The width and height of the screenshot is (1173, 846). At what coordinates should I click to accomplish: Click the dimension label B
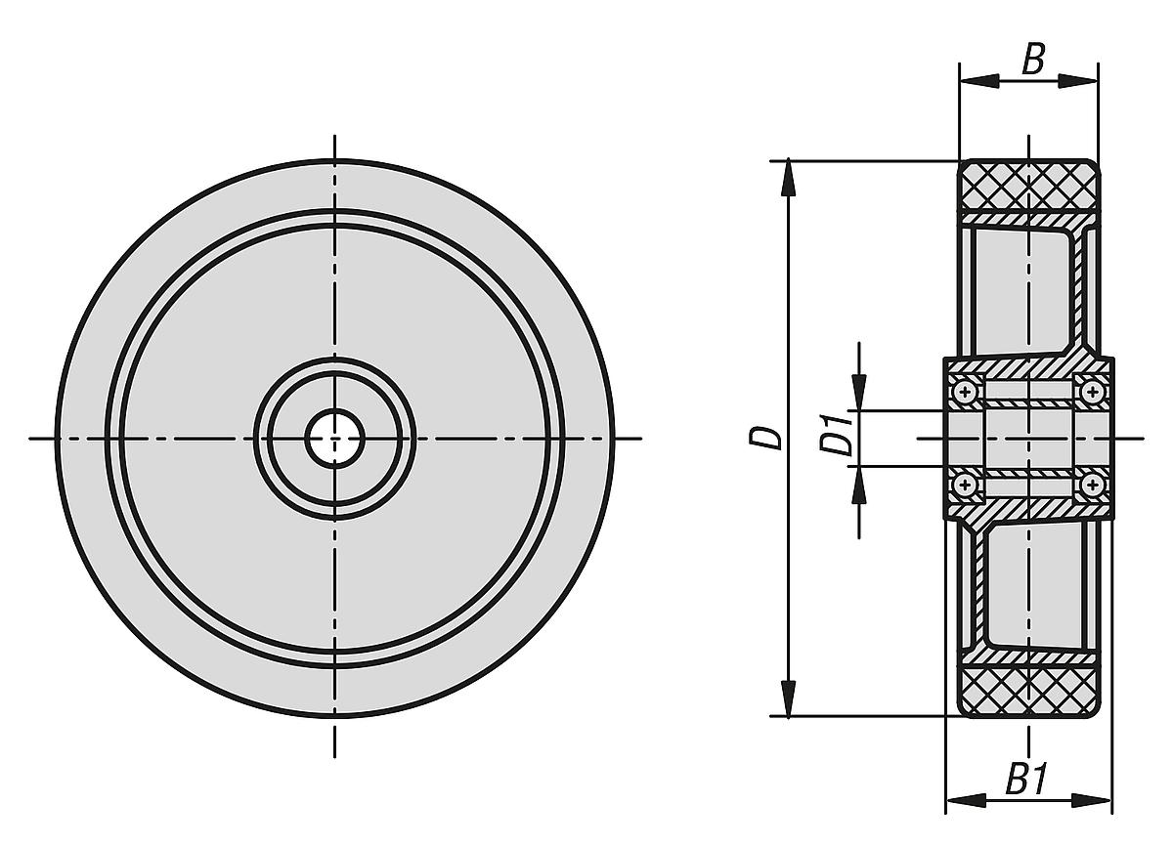point(1033,61)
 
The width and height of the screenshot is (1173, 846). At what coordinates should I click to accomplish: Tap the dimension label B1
point(1029,781)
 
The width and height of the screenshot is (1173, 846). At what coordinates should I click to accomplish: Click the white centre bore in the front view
point(334,439)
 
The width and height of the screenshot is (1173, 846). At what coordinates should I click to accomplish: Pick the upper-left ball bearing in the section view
point(966,392)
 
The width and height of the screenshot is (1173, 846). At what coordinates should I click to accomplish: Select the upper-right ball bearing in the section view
point(1091,392)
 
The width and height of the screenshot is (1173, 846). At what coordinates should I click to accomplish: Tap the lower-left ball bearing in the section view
point(966,484)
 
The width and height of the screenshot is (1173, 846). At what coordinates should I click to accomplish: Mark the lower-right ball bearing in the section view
point(1091,484)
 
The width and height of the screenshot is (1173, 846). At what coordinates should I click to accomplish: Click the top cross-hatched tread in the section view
point(1028,188)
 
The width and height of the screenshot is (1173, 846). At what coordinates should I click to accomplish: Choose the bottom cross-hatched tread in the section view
point(1028,690)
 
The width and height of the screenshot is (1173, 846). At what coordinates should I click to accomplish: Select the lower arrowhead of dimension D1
point(858,480)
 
